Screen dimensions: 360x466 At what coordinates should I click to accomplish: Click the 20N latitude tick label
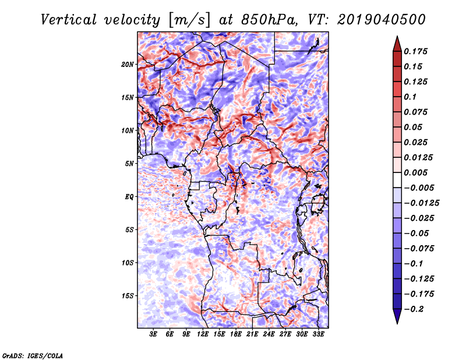128,64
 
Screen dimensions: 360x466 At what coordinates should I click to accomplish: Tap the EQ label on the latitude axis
130,197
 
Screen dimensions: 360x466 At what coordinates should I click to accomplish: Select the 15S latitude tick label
128,296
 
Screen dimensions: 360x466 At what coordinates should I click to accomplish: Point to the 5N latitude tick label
129,164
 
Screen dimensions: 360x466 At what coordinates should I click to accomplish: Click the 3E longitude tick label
154,334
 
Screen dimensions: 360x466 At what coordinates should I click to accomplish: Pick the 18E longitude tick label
236,334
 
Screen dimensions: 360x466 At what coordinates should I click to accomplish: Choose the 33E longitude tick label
319,334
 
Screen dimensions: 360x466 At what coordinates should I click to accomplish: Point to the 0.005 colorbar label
417,172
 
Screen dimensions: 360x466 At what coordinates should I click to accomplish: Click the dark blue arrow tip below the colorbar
397,318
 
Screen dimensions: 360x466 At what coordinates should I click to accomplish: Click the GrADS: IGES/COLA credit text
32,354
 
